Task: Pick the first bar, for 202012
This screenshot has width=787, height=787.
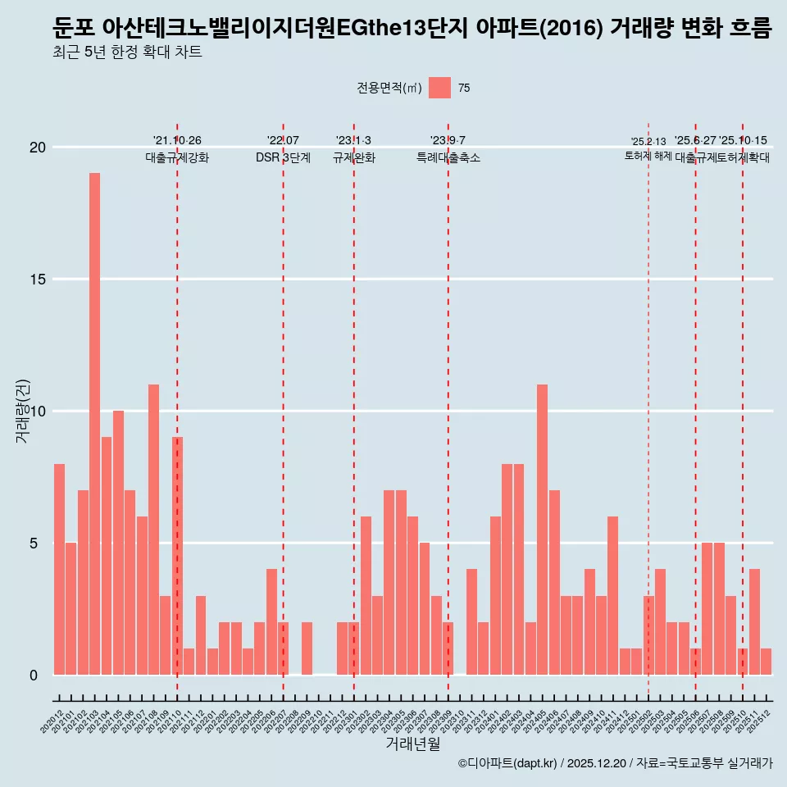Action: [59, 569]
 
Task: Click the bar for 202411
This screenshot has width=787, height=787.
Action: [612, 595]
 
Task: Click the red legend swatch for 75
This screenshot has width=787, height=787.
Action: [439, 88]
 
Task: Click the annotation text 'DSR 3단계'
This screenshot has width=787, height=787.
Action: [283, 157]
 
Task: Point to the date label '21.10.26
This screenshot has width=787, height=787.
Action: [177, 141]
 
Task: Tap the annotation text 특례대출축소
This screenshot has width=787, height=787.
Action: [448, 157]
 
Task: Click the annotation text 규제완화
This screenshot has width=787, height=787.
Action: [353, 157]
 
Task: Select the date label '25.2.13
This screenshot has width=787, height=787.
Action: [648, 142]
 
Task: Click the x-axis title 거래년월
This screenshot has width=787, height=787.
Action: [413, 744]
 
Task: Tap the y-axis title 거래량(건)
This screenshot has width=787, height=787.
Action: [22, 411]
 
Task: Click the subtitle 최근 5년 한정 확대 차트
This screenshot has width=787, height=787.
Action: [127, 52]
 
